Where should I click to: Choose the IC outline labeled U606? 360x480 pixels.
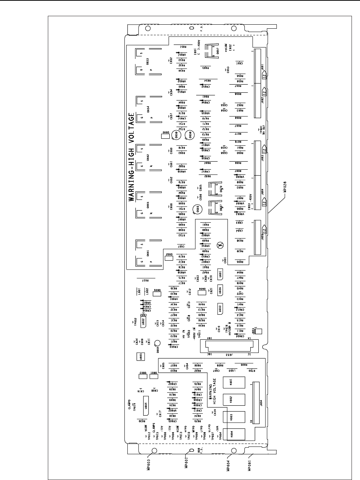[x=220, y=290]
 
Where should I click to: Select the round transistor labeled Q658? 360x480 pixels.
[x=190, y=135]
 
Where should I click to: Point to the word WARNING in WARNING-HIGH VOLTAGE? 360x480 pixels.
[x=131, y=184]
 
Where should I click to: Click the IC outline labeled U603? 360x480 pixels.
[x=220, y=308]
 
